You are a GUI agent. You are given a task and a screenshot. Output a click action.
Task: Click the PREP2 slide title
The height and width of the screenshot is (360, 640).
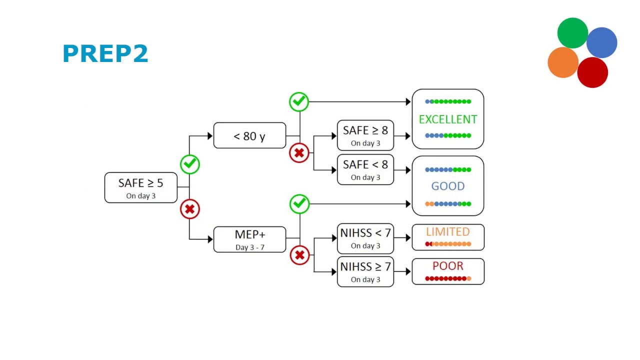tap(105, 54)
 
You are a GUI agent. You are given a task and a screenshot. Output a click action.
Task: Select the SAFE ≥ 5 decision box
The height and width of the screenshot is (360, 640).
tap(140, 187)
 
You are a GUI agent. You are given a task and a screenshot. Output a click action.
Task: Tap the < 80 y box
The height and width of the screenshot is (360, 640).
tap(249, 135)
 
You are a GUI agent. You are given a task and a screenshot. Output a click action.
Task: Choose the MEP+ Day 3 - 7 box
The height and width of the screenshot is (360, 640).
tap(249, 239)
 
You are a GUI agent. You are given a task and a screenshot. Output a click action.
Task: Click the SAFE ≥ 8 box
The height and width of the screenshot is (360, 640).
tap(365, 135)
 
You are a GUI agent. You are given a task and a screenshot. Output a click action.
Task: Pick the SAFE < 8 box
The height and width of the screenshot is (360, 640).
tap(365, 169)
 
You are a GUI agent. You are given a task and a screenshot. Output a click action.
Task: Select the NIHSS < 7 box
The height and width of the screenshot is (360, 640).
tap(365, 238)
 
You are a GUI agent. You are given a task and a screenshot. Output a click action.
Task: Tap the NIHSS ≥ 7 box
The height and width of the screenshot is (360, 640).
tap(365, 272)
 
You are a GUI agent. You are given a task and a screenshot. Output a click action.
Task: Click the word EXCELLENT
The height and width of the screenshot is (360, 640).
tap(447, 119)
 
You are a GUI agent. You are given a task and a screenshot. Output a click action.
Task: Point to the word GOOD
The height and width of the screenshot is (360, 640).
tap(447, 186)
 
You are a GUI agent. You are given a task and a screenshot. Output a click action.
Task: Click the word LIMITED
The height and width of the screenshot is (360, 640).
tap(447, 232)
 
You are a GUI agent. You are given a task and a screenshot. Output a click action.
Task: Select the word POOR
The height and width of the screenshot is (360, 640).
tap(447, 266)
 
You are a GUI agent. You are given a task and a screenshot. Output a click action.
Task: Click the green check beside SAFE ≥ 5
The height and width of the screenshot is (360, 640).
tap(189, 163)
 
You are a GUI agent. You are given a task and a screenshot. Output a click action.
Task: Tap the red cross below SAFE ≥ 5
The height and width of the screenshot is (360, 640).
tap(189, 209)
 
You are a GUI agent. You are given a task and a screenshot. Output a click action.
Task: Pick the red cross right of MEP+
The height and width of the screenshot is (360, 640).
tap(299, 255)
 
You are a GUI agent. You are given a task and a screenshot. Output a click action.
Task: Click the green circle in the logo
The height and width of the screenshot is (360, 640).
tap(572, 33)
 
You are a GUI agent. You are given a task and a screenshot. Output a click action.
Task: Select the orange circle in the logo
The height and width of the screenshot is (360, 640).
tap(563, 62)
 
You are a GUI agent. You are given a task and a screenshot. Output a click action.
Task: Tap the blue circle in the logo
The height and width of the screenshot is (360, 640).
tap(602, 42)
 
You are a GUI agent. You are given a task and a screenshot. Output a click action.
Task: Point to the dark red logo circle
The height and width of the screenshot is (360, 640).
tap(592, 72)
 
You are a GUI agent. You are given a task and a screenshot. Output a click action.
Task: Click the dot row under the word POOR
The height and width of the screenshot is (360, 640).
tap(447, 278)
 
